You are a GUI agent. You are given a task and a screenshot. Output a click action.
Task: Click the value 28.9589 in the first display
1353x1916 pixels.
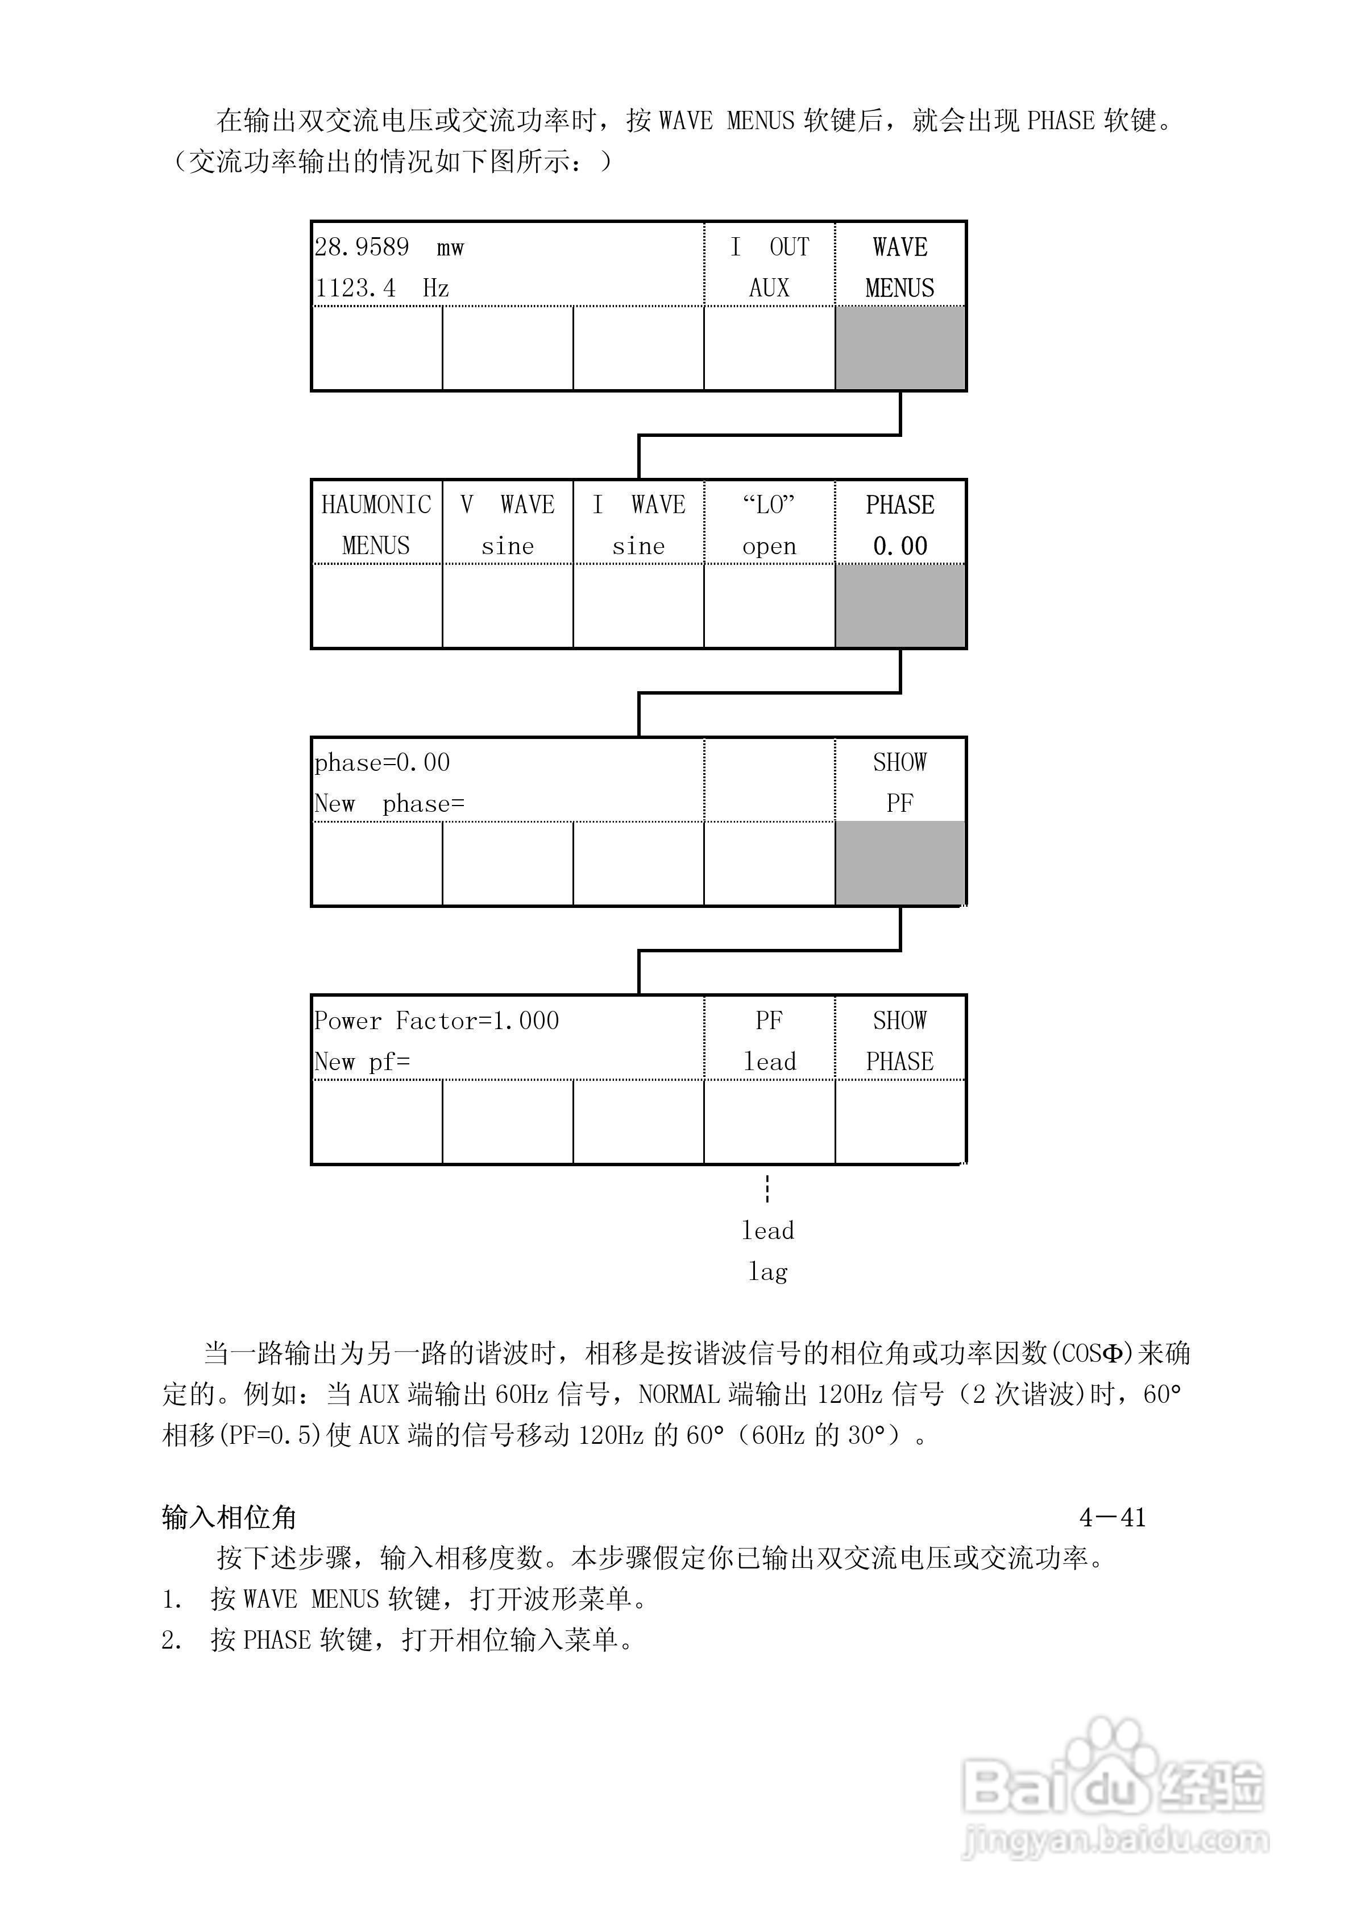coord(362,247)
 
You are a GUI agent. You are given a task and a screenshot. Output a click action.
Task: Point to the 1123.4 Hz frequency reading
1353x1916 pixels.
coord(382,288)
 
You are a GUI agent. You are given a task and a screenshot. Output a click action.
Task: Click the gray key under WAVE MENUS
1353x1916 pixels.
coord(900,348)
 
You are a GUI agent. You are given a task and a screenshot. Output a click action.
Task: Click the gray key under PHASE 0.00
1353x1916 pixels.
coord(900,606)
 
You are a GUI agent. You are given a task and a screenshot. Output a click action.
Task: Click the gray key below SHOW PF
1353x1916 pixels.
coord(900,864)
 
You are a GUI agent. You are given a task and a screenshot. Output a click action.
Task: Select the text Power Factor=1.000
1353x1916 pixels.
coord(436,1021)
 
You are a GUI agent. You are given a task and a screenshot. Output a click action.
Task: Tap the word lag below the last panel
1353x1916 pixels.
coord(768,1272)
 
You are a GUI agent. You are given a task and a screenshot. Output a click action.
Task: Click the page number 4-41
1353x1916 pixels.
coord(1112,1517)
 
